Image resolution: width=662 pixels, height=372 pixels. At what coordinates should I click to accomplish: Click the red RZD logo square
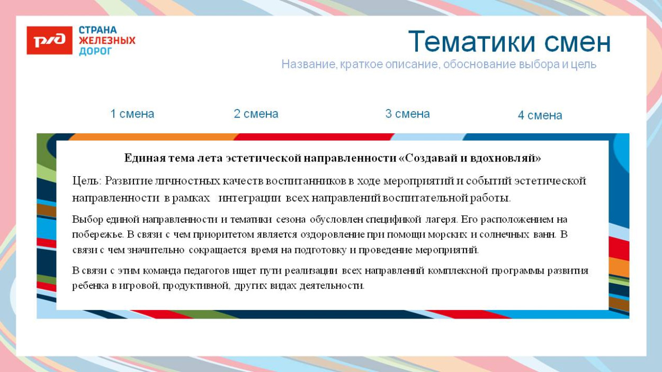(49, 40)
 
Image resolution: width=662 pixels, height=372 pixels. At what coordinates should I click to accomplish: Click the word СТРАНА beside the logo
(98, 30)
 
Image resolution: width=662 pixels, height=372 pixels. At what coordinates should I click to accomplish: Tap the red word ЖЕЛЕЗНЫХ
(107, 41)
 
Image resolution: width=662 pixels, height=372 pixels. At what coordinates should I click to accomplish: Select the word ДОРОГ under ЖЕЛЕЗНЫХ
(95, 51)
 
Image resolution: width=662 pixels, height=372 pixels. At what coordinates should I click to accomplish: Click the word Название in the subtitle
(308, 65)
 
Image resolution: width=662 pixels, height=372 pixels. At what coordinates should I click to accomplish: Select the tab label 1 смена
(132, 114)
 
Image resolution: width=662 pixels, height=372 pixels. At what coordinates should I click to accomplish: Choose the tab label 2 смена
(256, 114)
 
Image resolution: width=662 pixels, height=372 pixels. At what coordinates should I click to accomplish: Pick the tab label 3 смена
(407, 114)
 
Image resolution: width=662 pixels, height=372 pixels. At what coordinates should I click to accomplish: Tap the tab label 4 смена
(540, 115)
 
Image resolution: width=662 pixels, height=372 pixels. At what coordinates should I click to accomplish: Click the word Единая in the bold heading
(140, 158)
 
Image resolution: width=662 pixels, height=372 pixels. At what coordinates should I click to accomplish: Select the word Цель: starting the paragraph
(87, 181)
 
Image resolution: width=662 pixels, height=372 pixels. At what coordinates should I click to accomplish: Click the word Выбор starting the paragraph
(88, 219)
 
